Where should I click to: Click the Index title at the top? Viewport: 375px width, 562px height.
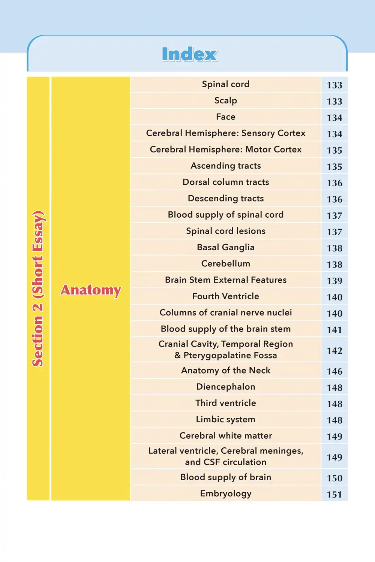189,54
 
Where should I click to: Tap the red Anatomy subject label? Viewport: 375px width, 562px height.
91,290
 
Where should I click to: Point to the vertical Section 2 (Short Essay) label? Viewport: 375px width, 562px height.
38,288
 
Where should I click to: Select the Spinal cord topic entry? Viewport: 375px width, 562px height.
225,84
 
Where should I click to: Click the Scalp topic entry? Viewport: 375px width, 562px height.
225,100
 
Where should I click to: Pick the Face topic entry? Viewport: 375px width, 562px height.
225,117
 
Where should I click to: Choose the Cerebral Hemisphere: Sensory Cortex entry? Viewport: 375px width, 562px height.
225,133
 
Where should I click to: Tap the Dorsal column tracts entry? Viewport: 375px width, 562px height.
225,182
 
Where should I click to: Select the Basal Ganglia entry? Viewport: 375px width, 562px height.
225,247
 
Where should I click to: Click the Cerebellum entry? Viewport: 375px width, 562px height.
225,264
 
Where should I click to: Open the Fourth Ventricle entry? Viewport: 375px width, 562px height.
225,296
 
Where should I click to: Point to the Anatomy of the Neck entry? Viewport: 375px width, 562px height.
225,371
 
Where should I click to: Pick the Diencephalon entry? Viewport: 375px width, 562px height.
225,387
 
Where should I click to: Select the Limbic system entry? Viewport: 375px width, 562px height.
225,419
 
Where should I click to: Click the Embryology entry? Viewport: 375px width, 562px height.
225,493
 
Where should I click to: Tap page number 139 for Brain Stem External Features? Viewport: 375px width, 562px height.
334,281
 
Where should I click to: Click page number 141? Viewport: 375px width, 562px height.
334,330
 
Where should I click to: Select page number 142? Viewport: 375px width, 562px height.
334,351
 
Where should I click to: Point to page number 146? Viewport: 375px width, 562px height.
334,371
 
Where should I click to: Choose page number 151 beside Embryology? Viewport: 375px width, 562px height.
334,495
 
